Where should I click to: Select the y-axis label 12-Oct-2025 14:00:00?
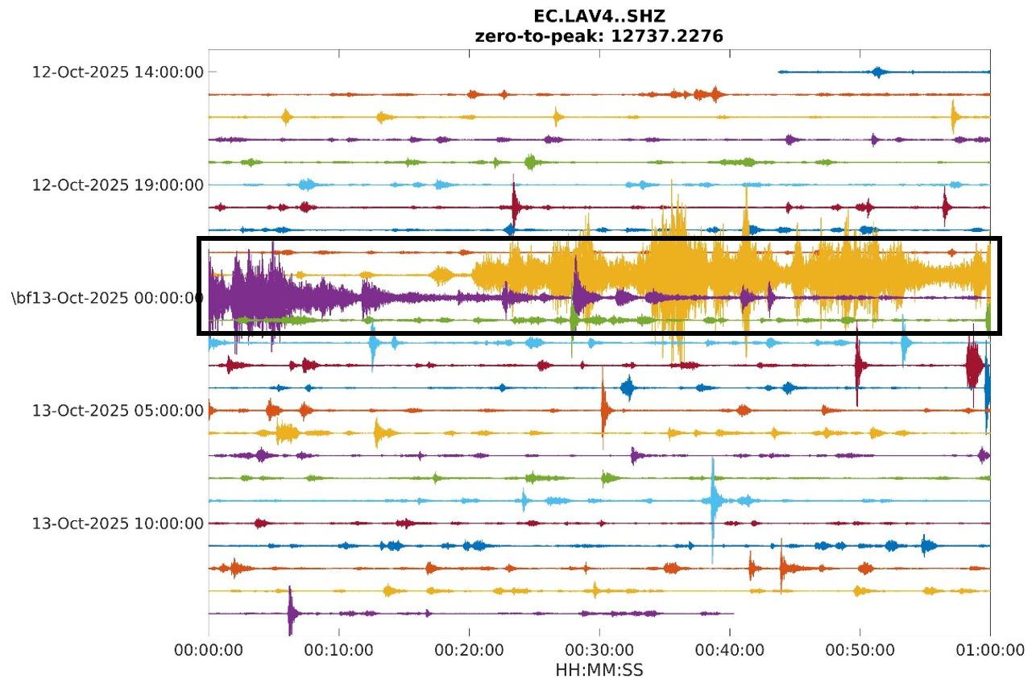(x=118, y=72)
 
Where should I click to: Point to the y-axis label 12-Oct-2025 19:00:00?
(x=118, y=184)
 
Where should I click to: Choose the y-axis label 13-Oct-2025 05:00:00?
(x=118, y=411)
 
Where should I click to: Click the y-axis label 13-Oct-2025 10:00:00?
(x=118, y=524)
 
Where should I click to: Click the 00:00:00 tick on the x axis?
(x=209, y=649)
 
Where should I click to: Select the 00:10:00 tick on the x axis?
(x=339, y=649)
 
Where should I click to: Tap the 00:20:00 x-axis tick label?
(x=469, y=649)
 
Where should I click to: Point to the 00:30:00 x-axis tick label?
(x=599, y=649)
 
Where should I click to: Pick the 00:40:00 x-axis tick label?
(x=730, y=649)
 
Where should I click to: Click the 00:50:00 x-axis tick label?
(x=860, y=649)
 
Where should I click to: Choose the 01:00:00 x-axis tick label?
(x=990, y=649)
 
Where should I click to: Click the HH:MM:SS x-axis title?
(x=599, y=670)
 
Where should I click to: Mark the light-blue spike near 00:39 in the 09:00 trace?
(x=713, y=501)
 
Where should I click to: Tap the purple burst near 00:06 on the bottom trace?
(x=291, y=614)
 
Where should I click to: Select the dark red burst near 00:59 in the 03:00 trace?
(x=975, y=365)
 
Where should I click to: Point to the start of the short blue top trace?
(x=779, y=72)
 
